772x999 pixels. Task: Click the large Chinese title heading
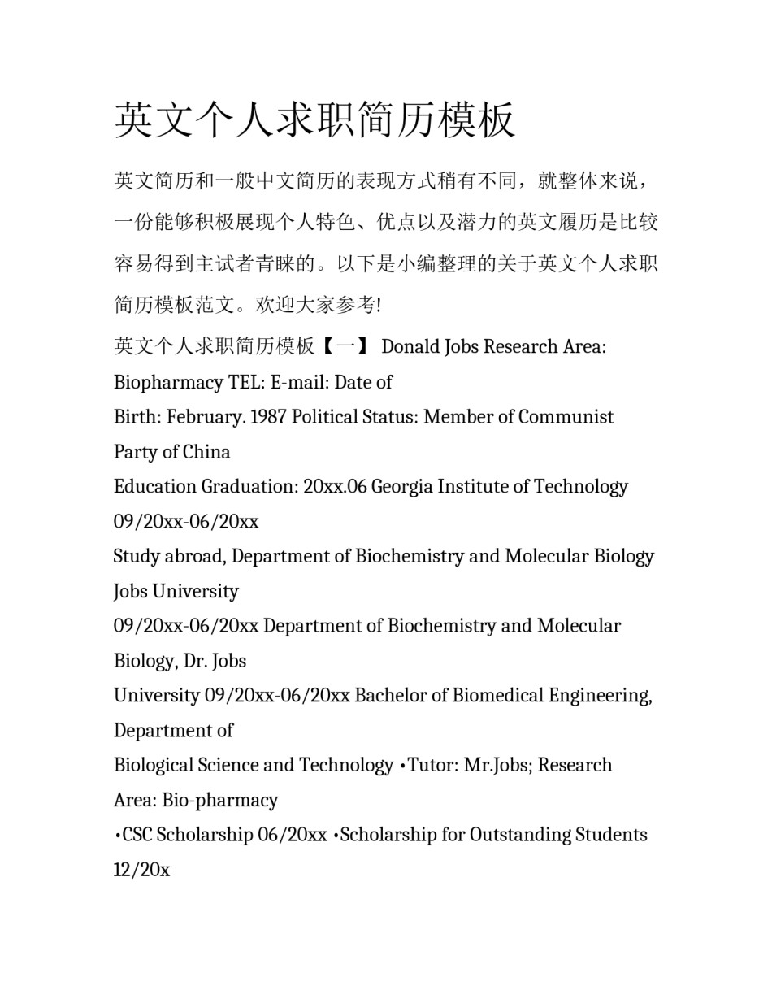[x=314, y=120]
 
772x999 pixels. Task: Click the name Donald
[x=412, y=347]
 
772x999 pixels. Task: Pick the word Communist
[x=566, y=417]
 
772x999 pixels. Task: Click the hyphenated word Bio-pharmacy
[x=219, y=801]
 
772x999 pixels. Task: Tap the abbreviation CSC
[x=137, y=836]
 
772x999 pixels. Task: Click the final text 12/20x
[x=141, y=871]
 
